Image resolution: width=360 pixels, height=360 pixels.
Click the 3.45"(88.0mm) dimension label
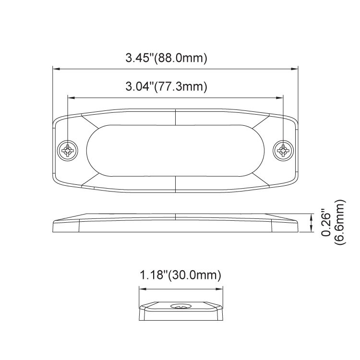coord(166,58)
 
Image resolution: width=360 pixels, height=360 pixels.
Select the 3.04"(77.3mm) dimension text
coord(166,86)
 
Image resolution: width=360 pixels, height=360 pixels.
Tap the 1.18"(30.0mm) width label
coord(180,275)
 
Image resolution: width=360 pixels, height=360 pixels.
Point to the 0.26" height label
coord(326,222)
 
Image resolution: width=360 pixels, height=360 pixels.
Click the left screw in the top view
coord(68,151)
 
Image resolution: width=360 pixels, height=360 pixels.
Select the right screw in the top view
coord(283,151)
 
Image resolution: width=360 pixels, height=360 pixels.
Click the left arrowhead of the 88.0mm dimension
coord(56,69)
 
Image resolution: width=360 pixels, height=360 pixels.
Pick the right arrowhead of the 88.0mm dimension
coord(294,69)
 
